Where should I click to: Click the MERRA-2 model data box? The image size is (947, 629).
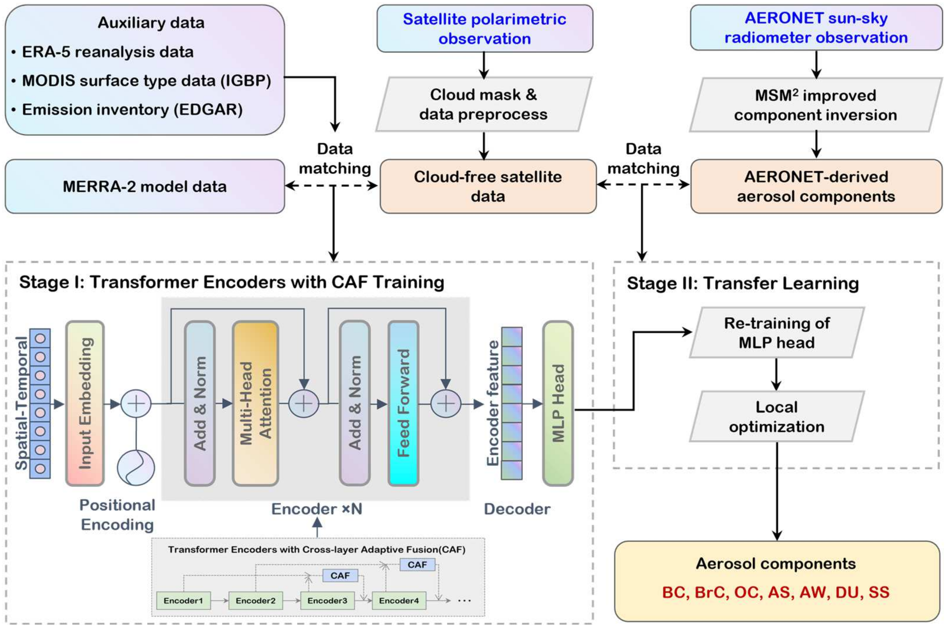click(145, 187)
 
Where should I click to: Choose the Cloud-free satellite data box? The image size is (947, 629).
click(488, 187)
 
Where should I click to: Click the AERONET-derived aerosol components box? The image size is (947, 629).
click(816, 187)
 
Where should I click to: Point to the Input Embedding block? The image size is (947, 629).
click(85, 403)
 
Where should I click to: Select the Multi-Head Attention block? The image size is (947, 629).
click(255, 403)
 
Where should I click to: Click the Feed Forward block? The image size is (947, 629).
click(403, 403)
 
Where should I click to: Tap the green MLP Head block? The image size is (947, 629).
click(558, 403)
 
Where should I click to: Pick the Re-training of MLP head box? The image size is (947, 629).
click(777, 333)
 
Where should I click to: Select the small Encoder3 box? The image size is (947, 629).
click(327, 601)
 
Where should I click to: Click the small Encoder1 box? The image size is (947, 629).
click(183, 601)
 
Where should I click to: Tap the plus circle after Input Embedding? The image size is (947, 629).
click(136, 403)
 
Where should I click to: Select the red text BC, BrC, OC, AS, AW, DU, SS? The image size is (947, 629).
click(776, 592)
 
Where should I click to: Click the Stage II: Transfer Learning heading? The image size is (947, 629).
click(743, 283)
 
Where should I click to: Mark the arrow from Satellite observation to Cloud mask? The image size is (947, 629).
click(484, 65)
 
